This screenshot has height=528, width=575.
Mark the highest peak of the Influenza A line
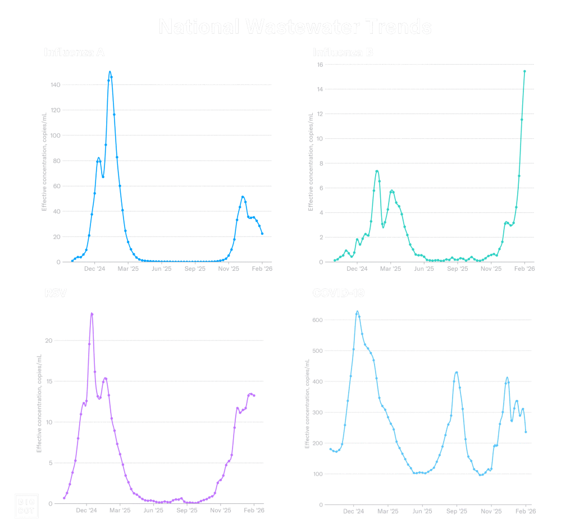(x=110, y=72)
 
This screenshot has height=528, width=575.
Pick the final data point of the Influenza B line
(x=524, y=71)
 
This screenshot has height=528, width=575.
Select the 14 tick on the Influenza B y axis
(x=319, y=89)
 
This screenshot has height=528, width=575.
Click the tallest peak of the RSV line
(x=92, y=313)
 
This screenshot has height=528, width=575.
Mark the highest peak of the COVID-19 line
(x=357, y=311)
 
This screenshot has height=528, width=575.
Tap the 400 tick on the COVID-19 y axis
(x=317, y=382)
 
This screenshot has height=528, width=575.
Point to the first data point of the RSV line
(x=64, y=498)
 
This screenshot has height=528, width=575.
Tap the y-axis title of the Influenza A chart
(x=43, y=175)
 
